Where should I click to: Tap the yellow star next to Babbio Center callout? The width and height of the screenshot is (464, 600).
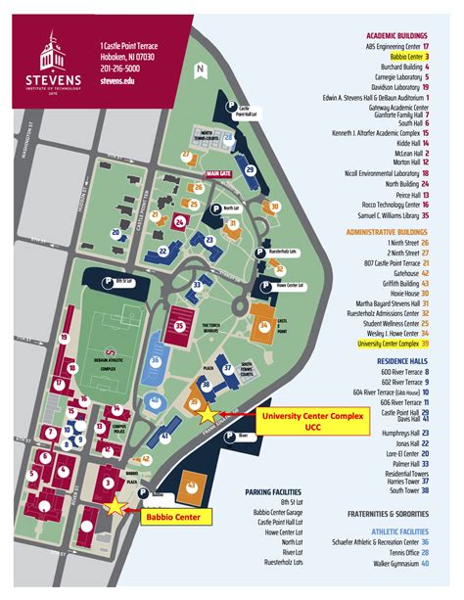[x=116, y=505]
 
